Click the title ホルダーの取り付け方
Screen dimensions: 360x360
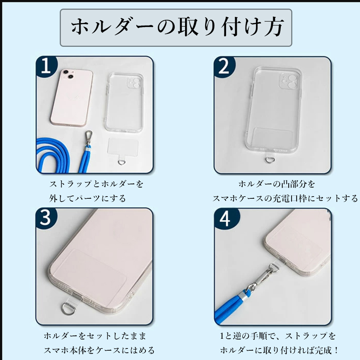(x=177, y=27)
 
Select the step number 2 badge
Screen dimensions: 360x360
(x=224, y=66)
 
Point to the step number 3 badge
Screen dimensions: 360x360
(x=46, y=218)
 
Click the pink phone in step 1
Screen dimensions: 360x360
(x=72, y=98)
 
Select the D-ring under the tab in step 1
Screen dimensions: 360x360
(x=122, y=163)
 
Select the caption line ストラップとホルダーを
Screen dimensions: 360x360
(x=96, y=184)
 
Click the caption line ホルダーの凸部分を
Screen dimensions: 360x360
(x=276, y=184)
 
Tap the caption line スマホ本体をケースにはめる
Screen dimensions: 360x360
(x=99, y=350)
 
